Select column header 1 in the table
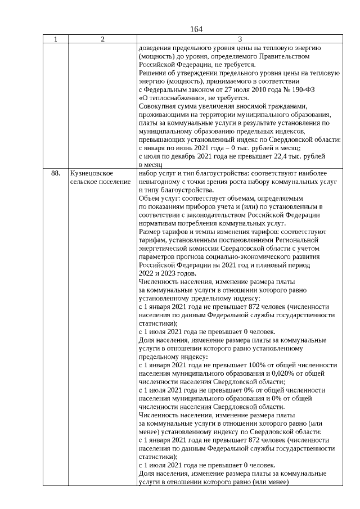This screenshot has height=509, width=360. (56, 39)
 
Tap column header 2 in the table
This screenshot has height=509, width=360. (102, 39)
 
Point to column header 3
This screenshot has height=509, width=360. (240, 39)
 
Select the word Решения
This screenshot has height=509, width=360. (152, 73)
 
